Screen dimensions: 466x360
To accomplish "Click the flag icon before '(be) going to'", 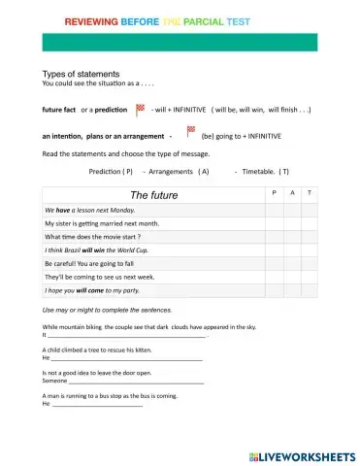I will (190, 131).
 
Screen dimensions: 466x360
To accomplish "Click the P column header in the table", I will (275, 194).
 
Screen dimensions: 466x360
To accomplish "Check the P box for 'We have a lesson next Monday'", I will (275, 210).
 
